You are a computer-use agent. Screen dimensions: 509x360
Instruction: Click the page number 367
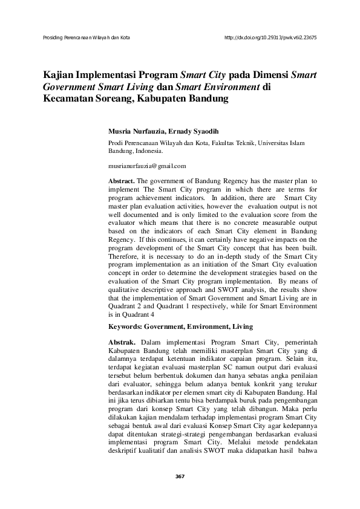click(x=180, y=476)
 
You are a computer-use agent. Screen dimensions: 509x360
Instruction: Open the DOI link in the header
click(x=270, y=37)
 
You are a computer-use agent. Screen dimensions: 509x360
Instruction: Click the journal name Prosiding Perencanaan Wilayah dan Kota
click(x=87, y=37)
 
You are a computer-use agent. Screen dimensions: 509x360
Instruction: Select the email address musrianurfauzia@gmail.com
click(x=147, y=165)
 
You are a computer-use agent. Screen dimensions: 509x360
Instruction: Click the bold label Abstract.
click(x=121, y=181)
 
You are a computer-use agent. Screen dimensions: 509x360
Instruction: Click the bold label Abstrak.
click(x=120, y=342)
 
